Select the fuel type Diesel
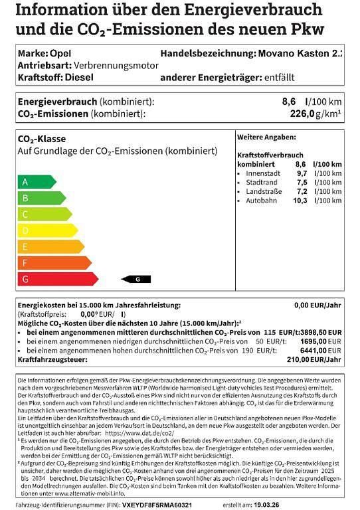(79, 77)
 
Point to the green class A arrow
(37, 181)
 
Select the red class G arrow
(57, 279)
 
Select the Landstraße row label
(264, 191)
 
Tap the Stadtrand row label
(261, 182)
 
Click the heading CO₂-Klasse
(41, 139)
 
